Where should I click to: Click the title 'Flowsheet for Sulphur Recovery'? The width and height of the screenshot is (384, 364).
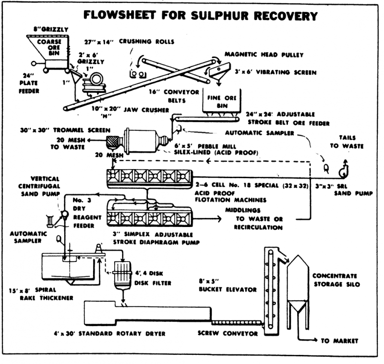point(201,15)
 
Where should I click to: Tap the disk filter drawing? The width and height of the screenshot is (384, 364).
point(125,277)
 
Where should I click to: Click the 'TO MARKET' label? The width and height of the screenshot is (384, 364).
point(339,341)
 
